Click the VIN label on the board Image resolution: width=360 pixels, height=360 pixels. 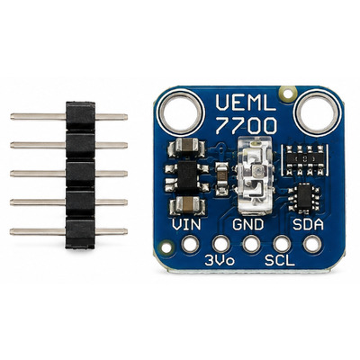click(x=186, y=224)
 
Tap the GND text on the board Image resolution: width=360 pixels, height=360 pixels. click(x=248, y=224)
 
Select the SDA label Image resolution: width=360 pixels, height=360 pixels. click(x=308, y=224)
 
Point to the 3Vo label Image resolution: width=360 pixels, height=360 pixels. click(x=220, y=260)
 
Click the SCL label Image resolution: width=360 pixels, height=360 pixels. click(x=280, y=260)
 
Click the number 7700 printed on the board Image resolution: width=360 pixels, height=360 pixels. click(x=246, y=126)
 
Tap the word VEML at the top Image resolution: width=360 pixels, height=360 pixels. click(x=246, y=103)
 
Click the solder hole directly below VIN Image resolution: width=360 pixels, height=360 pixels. click(x=190, y=244)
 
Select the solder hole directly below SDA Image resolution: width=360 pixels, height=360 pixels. click(x=312, y=244)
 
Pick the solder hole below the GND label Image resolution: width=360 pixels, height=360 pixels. click(x=251, y=244)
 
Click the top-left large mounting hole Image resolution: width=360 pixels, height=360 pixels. click(x=181, y=112)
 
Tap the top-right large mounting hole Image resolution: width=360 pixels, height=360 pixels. click(x=316, y=112)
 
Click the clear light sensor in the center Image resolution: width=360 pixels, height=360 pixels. click(x=254, y=175)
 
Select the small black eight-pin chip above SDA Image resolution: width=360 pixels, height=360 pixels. click(x=304, y=198)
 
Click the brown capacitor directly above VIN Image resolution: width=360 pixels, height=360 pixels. click(x=187, y=205)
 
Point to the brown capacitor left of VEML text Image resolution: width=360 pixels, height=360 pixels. click(x=187, y=147)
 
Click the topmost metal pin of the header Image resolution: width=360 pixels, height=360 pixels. click(x=69, y=117)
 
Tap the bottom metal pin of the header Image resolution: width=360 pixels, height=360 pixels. click(x=69, y=231)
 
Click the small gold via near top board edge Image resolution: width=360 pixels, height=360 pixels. click(x=287, y=93)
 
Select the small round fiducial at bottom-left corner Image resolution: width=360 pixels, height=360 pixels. click(x=166, y=247)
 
